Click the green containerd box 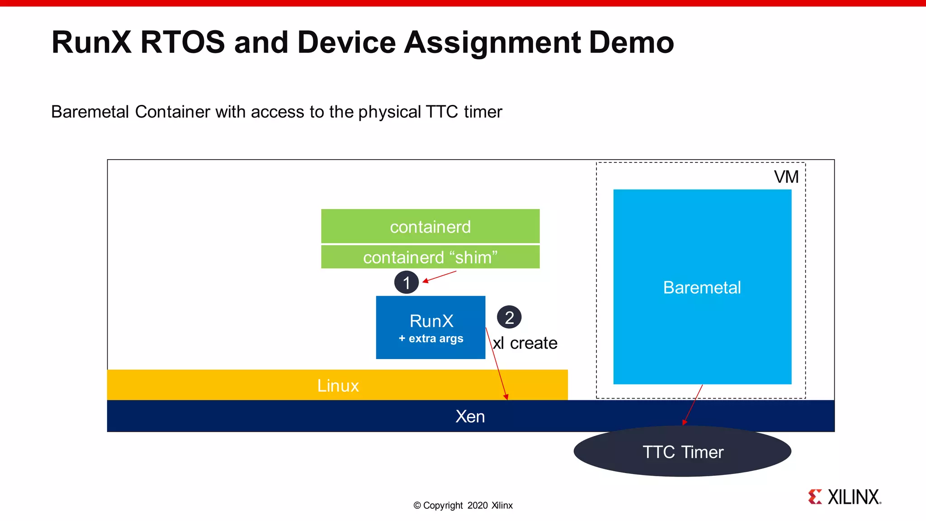[430, 226]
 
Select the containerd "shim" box [430, 257]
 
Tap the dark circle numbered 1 [406, 283]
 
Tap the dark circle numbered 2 [509, 317]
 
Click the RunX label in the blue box [431, 321]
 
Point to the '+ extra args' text [431, 338]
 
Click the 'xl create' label [525, 343]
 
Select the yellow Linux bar [337, 385]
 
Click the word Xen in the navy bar [470, 417]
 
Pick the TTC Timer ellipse [682, 452]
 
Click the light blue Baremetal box [702, 287]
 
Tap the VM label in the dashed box [786, 177]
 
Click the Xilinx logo [844, 497]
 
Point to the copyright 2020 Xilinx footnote [463, 505]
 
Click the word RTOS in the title [183, 43]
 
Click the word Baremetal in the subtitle [90, 112]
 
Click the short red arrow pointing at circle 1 [440, 277]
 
